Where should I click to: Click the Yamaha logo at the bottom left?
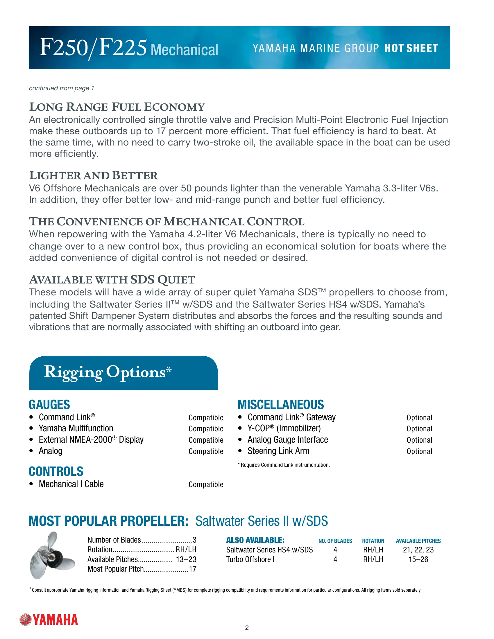point(49,620)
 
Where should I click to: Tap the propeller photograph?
point(52,555)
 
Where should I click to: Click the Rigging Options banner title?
point(108,372)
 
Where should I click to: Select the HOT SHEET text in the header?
point(411,48)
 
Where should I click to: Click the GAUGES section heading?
point(49,405)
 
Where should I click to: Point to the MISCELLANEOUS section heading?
point(281,405)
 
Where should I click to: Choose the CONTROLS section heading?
point(56,471)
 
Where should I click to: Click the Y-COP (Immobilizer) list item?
point(284,428)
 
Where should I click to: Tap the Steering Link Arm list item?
point(278,451)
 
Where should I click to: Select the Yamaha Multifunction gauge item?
point(76,428)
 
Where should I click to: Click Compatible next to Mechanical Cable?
point(206,484)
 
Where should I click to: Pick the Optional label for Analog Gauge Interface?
point(419,440)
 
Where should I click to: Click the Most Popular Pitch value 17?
point(193,569)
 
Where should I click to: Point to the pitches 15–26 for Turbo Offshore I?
point(418,559)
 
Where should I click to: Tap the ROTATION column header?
point(373,541)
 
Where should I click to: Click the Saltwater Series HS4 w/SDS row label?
point(269,550)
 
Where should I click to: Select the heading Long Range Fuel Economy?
point(117,107)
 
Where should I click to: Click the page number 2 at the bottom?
point(247,628)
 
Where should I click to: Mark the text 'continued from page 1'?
point(61,88)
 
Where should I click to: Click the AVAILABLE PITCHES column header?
point(418,541)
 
